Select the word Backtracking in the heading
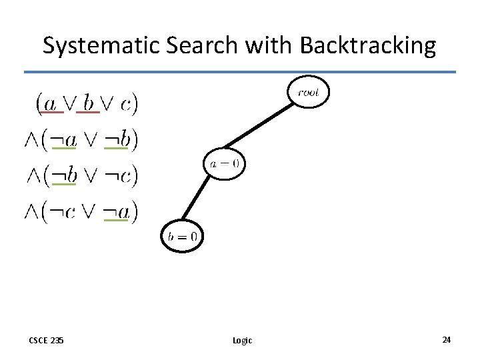click(x=368, y=45)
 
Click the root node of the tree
click(x=308, y=93)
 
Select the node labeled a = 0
click(x=225, y=163)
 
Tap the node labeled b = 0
click(x=183, y=235)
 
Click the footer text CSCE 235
click(x=46, y=340)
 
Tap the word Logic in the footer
click(x=242, y=340)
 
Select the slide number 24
click(x=446, y=339)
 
